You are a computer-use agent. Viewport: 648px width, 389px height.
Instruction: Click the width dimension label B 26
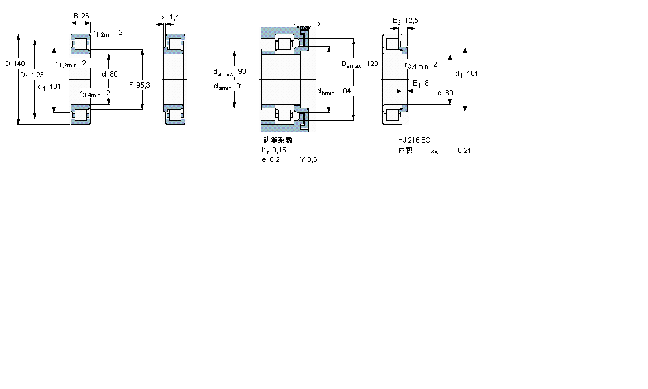pyautogui.click(x=80, y=16)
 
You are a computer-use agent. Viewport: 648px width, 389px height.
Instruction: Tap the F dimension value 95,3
pyautogui.click(x=143, y=85)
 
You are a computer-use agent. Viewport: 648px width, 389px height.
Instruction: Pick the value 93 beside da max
pyautogui.click(x=242, y=71)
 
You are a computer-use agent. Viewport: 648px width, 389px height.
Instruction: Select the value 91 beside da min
pyautogui.click(x=240, y=85)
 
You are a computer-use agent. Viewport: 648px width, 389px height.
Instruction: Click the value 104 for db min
pyautogui.click(x=345, y=91)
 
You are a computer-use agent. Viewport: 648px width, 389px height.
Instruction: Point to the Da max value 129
pyautogui.click(x=372, y=64)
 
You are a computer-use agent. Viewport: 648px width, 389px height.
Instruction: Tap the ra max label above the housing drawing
pyautogui.click(x=302, y=25)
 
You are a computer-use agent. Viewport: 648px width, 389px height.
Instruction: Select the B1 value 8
pyautogui.click(x=426, y=82)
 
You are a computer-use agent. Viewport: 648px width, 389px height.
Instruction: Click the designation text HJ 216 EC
pyautogui.click(x=413, y=140)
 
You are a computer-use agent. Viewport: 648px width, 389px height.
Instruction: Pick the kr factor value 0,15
pyautogui.click(x=279, y=150)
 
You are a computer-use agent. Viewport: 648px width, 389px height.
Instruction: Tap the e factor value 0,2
pyautogui.click(x=275, y=160)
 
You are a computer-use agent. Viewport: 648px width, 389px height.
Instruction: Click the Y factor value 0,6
pyautogui.click(x=312, y=160)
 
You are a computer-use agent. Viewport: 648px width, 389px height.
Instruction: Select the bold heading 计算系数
pyautogui.click(x=277, y=140)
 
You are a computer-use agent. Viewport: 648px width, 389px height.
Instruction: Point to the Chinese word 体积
pyautogui.click(x=405, y=150)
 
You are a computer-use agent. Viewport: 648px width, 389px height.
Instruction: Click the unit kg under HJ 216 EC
pyautogui.click(x=434, y=151)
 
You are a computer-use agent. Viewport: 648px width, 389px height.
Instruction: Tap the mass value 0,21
pyautogui.click(x=464, y=150)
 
